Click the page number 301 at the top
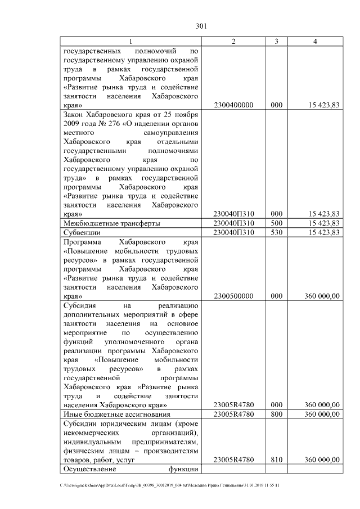tap(202, 26)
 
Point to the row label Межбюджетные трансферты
tap(111, 223)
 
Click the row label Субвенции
tap(82, 232)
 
